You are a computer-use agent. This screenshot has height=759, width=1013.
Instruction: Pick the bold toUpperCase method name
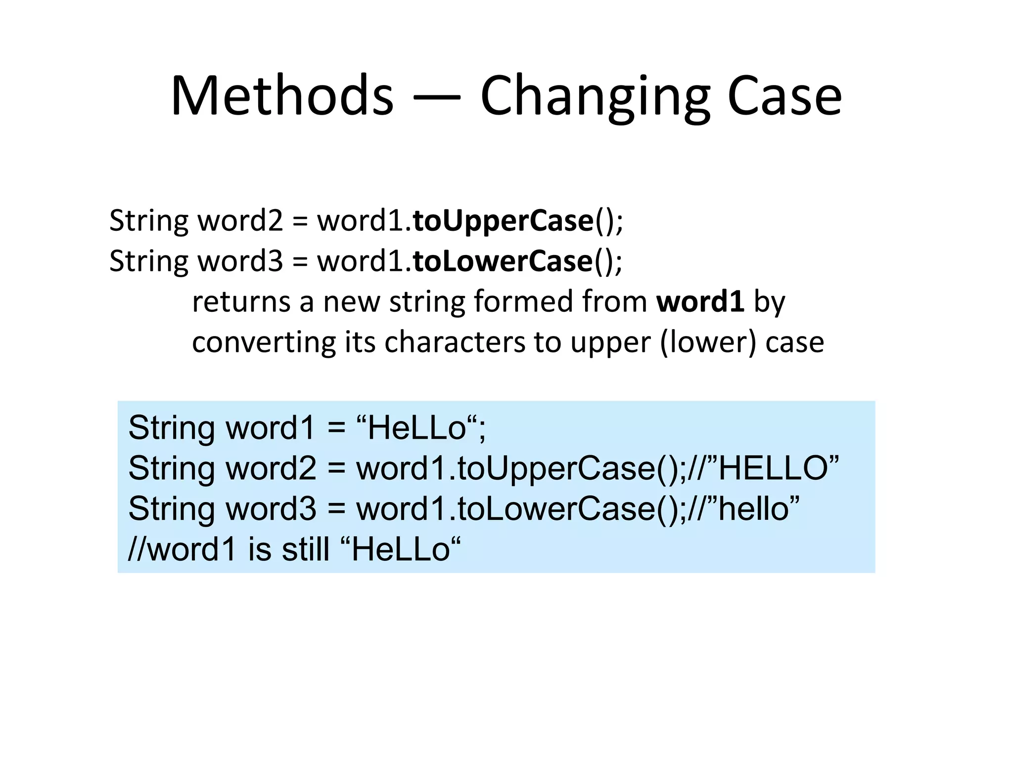coord(503,221)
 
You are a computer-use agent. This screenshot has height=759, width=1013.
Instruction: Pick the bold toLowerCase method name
coord(503,261)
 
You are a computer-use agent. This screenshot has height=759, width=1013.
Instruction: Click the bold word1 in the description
coord(700,301)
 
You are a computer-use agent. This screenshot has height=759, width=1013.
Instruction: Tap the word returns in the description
coord(240,302)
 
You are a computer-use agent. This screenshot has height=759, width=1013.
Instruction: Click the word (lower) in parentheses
coord(708,342)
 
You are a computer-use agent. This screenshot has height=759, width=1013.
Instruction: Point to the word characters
coord(454,342)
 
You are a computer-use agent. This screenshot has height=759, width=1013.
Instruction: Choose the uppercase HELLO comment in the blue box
coord(779,467)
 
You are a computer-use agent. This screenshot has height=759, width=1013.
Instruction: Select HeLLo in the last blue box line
coord(401,549)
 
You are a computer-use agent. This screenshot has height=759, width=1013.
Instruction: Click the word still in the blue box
coord(305,549)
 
